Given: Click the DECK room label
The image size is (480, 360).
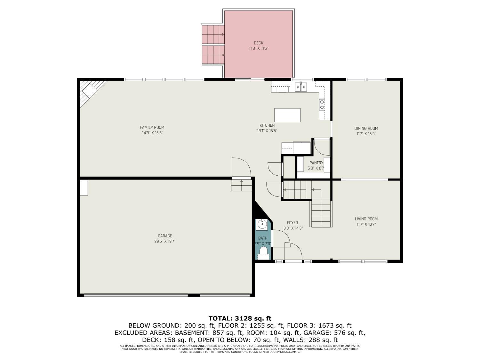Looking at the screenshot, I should point(258,43).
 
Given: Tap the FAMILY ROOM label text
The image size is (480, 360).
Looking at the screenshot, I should point(152,127).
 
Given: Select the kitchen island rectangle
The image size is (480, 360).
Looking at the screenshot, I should point(287,115).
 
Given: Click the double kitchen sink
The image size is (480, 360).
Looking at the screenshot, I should point(301,87).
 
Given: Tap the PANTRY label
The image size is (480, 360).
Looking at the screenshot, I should point(316,163).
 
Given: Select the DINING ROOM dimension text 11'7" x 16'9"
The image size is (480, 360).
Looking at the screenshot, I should point(366,134).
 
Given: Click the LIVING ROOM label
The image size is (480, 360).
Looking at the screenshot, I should point(366,219).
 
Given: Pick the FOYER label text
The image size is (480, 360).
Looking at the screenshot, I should point(292,223).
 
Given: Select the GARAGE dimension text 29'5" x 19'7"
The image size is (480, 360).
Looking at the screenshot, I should point(165,241).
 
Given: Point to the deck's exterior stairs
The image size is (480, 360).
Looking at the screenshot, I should point(213,45).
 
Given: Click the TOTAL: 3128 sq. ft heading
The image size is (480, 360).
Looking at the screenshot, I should point(240,318).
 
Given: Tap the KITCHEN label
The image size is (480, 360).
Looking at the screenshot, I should point(267,125).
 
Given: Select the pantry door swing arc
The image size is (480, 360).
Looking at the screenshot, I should point(322,147).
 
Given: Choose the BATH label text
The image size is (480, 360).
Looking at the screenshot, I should point(263,238).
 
